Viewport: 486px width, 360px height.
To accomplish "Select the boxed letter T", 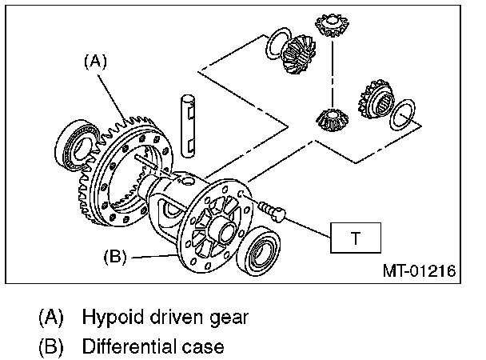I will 356,238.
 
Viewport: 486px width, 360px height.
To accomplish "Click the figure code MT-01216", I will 418,271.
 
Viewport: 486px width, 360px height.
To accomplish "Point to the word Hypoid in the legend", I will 111,316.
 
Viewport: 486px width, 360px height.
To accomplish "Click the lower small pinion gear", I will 329,122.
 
